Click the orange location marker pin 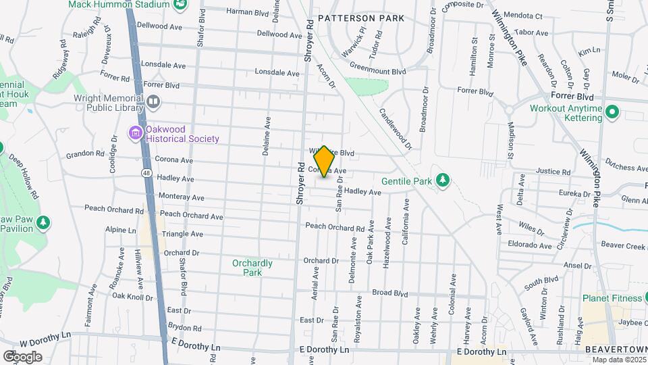pyautogui.click(x=324, y=162)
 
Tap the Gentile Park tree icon pyautogui.click(x=443, y=180)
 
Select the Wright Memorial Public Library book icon pyautogui.click(x=153, y=102)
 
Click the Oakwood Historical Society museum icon pyautogui.click(x=136, y=132)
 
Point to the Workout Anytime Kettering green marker pyautogui.click(x=612, y=112)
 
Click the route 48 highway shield pyautogui.click(x=146, y=174)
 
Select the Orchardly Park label pyautogui.click(x=252, y=268)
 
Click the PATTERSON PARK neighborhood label pyautogui.click(x=360, y=18)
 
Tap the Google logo pyautogui.click(x=22, y=356)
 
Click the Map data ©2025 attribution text pyautogui.click(x=619, y=360)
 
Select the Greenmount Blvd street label pyautogui.click(x=377, y=70)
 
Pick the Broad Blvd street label pyautogui.click(x=390, y=294)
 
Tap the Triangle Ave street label pyautogui.click(x=182, y=234)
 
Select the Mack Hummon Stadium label pyautogui.click(x=119, y=5)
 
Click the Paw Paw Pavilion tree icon pyautogui.click(x=43, y=222)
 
